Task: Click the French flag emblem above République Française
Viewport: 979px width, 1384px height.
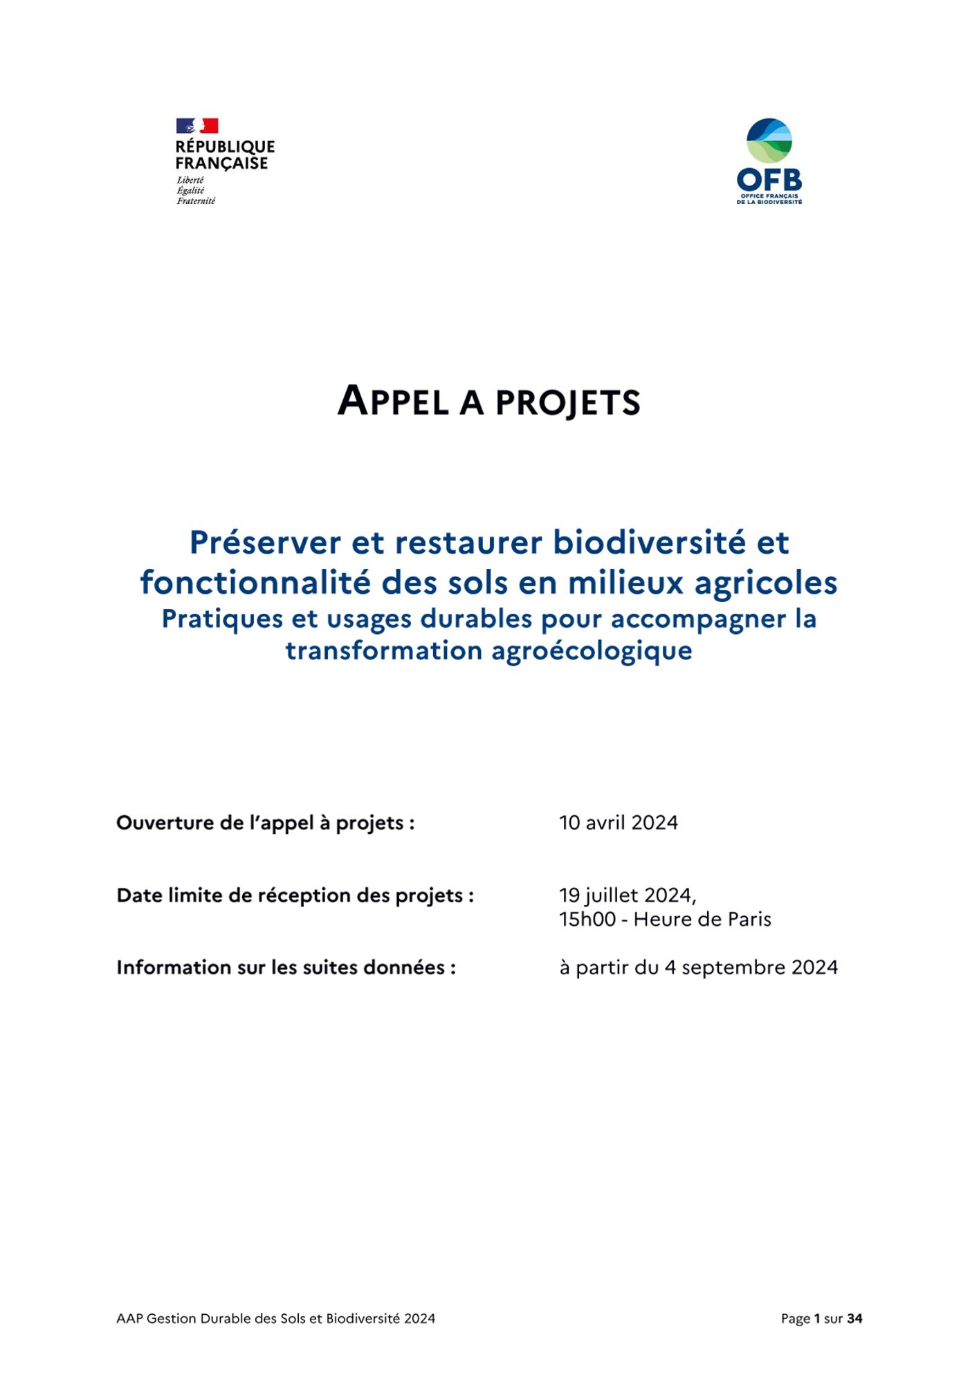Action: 197,125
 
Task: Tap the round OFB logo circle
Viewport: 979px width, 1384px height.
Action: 769,140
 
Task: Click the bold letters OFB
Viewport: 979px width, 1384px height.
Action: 769,181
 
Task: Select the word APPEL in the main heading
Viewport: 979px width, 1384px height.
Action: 393,401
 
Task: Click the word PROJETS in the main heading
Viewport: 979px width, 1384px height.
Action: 568,403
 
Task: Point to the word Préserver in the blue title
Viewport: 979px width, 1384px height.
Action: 265,543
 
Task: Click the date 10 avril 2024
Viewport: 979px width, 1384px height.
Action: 619,823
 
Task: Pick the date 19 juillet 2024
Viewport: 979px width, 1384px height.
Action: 627,895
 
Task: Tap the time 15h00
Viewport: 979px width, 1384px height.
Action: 587,920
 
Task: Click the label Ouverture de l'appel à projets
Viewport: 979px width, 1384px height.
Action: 265,823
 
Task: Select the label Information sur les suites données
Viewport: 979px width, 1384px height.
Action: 286,967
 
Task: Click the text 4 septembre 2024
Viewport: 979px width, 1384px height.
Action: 751,967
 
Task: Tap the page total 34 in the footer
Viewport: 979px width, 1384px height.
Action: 854,1319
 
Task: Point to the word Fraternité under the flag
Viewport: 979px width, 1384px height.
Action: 196,201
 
